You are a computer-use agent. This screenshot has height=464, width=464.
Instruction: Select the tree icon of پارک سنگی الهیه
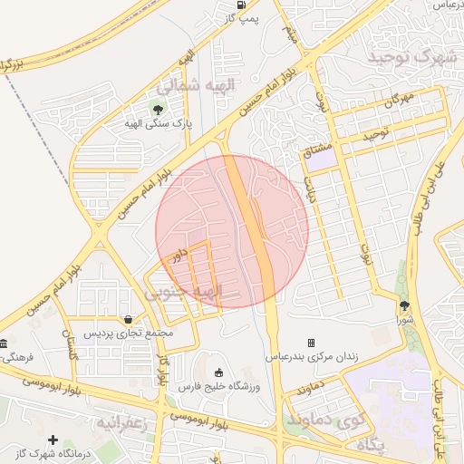[x=159, y=111]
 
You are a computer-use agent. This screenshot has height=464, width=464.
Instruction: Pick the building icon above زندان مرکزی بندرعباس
[x=312, y=343]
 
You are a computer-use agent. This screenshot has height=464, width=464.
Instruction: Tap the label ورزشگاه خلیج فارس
[x=217, y=387]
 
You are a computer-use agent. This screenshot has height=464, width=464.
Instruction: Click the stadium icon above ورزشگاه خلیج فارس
[x=217, y=372]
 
